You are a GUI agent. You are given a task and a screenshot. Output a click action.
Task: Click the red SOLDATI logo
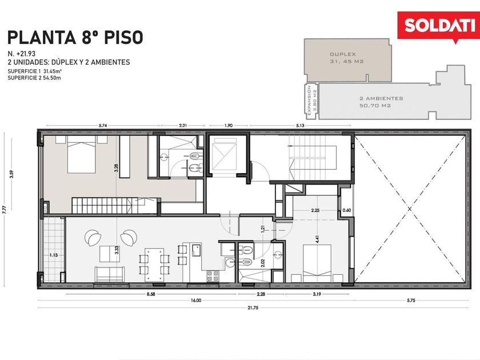pos(438,26)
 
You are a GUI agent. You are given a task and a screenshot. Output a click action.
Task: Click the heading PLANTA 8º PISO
pos(75,37)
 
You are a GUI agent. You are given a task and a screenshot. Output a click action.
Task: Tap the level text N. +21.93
pos(22,54)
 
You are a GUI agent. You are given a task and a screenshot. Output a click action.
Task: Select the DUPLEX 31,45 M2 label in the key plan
pos(346,58)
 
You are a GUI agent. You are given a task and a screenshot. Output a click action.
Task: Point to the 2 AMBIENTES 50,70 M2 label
pos(381,102)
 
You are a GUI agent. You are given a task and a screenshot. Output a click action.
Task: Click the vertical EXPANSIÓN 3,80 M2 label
pos(312,101)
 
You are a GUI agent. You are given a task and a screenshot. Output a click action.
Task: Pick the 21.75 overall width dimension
pos(253,307)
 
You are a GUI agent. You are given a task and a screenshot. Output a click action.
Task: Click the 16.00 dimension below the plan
pos(196,301)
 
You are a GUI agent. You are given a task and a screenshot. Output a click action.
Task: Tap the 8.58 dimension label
pos(151,294)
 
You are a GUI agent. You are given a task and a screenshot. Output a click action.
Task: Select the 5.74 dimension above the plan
pos(103,125)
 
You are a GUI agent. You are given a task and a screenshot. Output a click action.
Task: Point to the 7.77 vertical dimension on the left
pos(4,209)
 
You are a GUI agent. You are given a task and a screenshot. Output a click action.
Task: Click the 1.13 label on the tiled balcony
pos(54,255)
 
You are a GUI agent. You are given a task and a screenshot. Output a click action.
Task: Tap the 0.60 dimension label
pos(346,210)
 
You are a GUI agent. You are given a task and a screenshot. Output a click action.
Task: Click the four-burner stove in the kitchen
pos(213,276)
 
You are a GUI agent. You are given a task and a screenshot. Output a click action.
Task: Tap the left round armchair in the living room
pos(91,237)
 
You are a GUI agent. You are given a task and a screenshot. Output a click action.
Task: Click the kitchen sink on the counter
pos(196,250)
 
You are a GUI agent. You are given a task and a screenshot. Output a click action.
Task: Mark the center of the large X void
pos(410,209)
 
